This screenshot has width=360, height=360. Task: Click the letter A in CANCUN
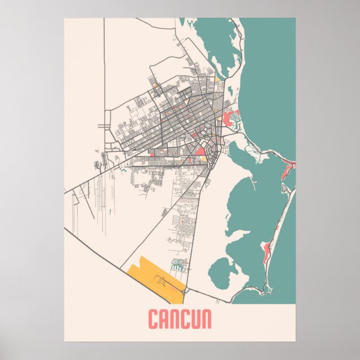[164, 320]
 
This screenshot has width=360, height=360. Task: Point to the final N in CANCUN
[205, 320]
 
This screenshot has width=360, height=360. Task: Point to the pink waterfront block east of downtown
[229, 119]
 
